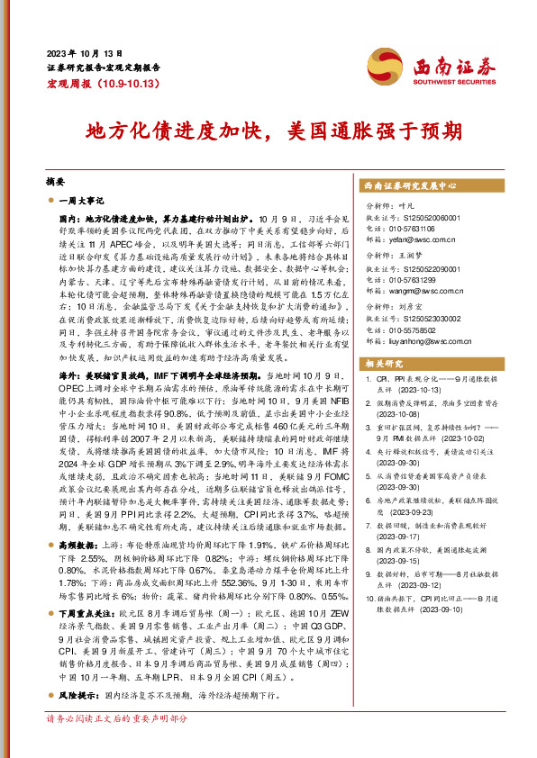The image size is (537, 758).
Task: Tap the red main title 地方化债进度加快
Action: point(173,131)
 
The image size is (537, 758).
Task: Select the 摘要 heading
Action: point(56,180)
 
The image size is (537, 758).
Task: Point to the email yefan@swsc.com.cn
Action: point(416,239)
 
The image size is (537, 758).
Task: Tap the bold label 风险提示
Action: point(76,696)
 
